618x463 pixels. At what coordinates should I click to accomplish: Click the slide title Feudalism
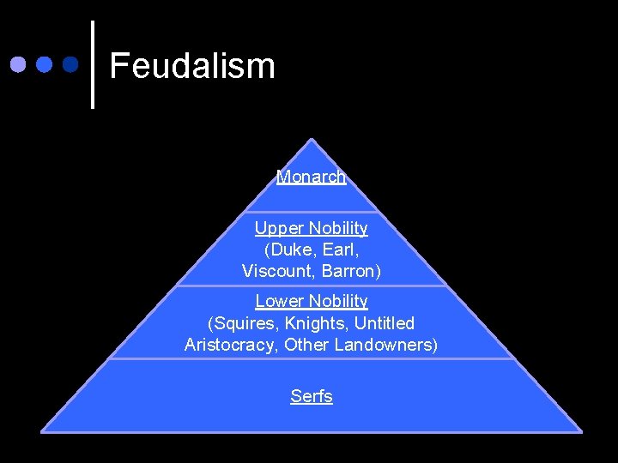coord(192,66)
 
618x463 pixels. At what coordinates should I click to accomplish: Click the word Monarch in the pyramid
coord(311,177)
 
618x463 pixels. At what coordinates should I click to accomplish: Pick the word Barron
coord(350,271)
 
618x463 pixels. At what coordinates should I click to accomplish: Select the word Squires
coord(243,323)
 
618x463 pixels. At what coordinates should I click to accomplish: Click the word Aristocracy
coord(231,345)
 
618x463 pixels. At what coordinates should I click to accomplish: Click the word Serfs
coord(311,396)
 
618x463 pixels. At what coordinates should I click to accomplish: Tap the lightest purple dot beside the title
coord(18,64)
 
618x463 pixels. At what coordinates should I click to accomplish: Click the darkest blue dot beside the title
coord(70,64)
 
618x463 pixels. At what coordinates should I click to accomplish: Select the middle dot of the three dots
coord(44,64)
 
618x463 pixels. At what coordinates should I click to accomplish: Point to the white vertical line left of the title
coord(92,64)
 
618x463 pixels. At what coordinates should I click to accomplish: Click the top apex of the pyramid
coord(312,141)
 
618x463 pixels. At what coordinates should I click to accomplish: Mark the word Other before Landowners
coord(306,345)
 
